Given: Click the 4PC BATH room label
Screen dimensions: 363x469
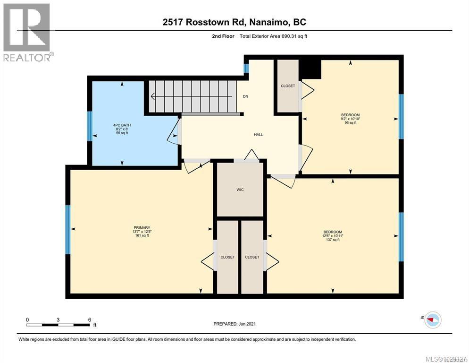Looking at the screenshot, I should [x=122, y=125].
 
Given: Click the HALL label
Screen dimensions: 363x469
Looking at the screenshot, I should [x=259, y=135].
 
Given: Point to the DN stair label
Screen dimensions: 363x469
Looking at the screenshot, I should [x=245, y=96].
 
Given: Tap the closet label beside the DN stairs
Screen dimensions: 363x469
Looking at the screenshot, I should [x=288, y=86].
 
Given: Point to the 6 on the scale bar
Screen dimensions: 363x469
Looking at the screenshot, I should [x=90, y=320].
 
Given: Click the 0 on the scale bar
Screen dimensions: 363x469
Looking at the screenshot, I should [x=27, y=320].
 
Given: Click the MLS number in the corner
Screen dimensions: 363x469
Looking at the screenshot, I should [x=445, y=359].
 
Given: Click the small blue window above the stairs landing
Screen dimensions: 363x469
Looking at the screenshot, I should [x=246, y=69].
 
